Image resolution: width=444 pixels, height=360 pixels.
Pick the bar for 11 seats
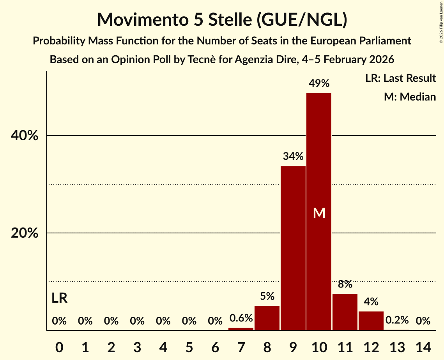click(x=345, y=312)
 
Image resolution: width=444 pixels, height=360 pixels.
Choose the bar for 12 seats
click(x=371, y=321)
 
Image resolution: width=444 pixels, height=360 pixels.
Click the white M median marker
click(x=319, y=213)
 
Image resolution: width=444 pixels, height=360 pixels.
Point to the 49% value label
click(x=319, y=83)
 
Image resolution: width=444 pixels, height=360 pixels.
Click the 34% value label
click(x=293, y=157)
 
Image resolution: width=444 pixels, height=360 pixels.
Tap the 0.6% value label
click(x=241, y=318)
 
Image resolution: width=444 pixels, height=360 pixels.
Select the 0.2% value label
click(x=397, y=320)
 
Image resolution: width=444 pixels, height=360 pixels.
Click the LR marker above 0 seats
click(x=59, y=298)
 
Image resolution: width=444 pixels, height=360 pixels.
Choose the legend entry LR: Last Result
click(x=400, y=78)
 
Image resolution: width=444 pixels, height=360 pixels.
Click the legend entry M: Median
click(x=410, y=97)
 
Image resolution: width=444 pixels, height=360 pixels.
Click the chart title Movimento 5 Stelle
click(x=222, y=19)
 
